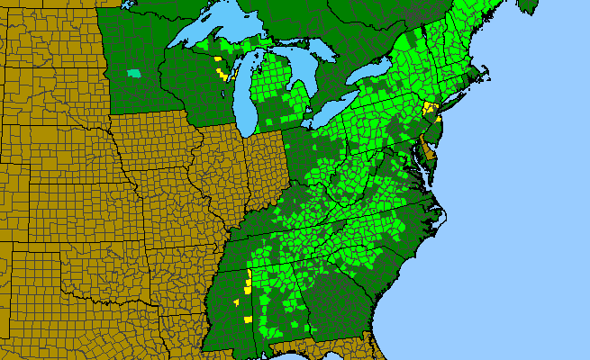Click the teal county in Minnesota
click(134, 72)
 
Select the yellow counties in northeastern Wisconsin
click(219, 69)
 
